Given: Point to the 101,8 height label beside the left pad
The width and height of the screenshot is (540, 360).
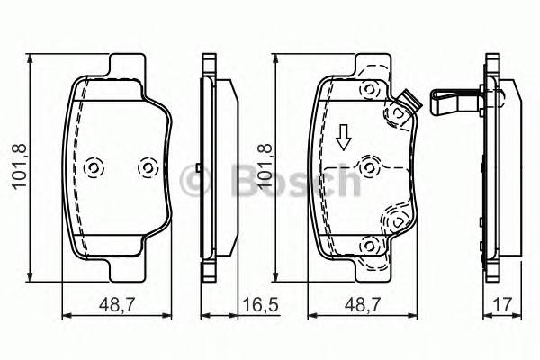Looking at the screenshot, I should tap(16, 166).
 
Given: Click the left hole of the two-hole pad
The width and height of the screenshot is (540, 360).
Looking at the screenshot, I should tap(93, 167).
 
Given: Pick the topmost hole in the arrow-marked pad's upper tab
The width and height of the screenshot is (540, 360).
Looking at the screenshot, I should tap(367, 90).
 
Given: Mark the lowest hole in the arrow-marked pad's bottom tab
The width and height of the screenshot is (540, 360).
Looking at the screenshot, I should tap(367, 244).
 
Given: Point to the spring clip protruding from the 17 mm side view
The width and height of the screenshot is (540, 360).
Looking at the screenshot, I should tap(456, 99).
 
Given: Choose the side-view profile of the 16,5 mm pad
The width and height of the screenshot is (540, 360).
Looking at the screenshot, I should tap(216, 166).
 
